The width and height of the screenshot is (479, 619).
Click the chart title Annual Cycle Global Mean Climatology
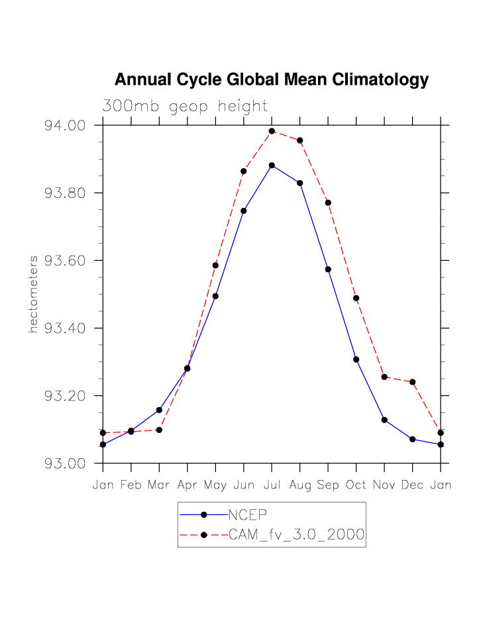[272, 80]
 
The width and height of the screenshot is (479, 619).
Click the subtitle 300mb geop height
[184, 106]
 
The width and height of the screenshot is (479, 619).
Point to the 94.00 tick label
[65, 126]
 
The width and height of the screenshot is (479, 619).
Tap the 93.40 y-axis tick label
[65, 328]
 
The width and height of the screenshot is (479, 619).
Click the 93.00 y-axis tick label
[65, 463]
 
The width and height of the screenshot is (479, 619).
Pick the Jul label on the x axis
[272, 485]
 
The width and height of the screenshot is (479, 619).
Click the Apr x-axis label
[187, 485]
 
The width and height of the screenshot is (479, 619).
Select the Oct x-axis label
[356, 485]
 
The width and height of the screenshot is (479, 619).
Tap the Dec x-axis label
[413, 485]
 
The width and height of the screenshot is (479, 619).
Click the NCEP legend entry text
[248, 515]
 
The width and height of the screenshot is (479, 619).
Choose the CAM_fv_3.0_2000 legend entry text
[296, 535]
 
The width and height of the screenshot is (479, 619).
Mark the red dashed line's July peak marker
[272, 131]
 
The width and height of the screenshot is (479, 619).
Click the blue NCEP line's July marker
[272, 165]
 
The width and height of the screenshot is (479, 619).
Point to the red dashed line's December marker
[413, 382]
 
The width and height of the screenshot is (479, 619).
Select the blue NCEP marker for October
[356, 359]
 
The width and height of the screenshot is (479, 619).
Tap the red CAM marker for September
[328, 203]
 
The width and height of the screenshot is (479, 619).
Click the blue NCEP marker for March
[159, 410]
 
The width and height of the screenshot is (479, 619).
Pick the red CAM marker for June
[244, 171]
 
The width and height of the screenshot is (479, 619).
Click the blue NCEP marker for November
[384, 420]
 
